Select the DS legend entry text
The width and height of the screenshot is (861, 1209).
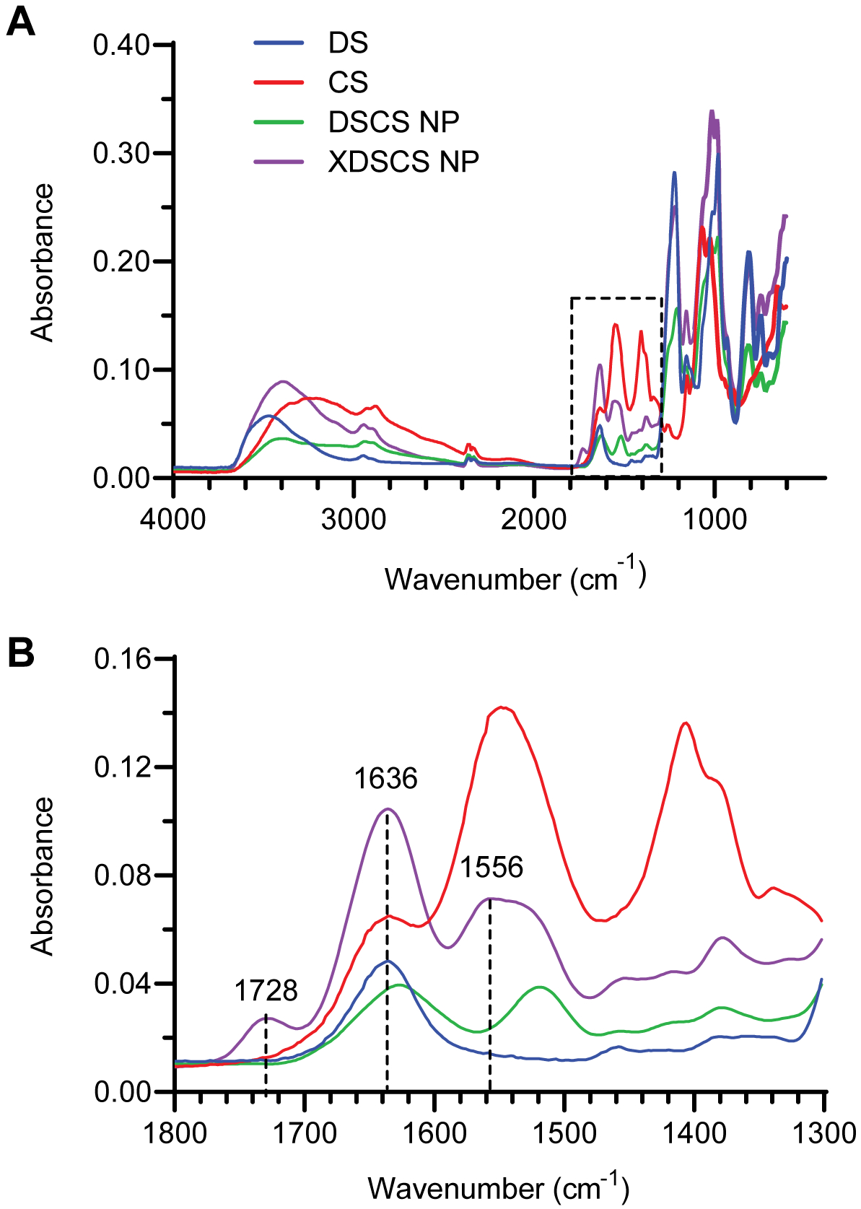[x=348, y=43]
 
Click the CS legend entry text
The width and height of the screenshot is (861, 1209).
[x=348, y=82]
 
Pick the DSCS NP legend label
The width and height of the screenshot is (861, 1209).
[x=393, y=122]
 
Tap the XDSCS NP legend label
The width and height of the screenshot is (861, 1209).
[x=403, y=162]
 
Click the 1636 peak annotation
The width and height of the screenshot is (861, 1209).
[x=385, y=779]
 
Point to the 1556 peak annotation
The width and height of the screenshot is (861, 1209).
[x=491, y=867]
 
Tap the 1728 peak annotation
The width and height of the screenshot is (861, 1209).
[x=266, y=991]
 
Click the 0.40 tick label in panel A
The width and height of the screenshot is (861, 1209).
[x=121, y=45]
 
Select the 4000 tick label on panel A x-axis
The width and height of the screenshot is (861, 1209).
[x=173, y=519]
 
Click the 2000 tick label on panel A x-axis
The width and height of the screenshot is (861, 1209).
[x=533, y=519]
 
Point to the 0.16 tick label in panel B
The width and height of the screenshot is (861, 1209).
[x=122, y=658]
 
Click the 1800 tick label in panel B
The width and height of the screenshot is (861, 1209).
[x=175, y=1133]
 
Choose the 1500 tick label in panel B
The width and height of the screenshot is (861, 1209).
[x=564, y=1133]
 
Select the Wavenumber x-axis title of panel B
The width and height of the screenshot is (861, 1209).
[x=498, y=1187]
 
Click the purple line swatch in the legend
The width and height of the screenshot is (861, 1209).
[x=279, y=162]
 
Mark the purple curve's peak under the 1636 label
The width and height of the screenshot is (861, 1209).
[x=388, y=808]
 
